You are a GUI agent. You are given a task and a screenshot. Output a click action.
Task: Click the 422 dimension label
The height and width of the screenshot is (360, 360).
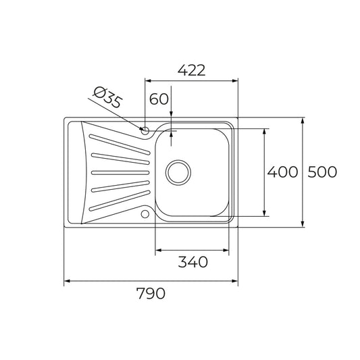tap(190, 70)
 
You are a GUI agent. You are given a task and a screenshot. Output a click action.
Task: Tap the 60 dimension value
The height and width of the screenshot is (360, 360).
tap(159, 99)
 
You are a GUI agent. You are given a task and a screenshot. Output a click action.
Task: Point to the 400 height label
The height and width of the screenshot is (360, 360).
tap(282, 172)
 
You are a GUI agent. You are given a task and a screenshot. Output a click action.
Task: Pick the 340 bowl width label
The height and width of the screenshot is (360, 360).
tap(192, 261)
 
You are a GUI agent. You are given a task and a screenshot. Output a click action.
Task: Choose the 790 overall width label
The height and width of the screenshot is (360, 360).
tap(151, 294)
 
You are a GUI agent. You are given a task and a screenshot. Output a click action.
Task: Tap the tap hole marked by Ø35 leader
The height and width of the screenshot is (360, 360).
tap(145, 129)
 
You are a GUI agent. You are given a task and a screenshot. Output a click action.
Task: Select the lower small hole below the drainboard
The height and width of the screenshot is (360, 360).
tap(145, 215)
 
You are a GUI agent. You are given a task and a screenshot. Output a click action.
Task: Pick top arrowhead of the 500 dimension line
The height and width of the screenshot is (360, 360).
tap(302, 122)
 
